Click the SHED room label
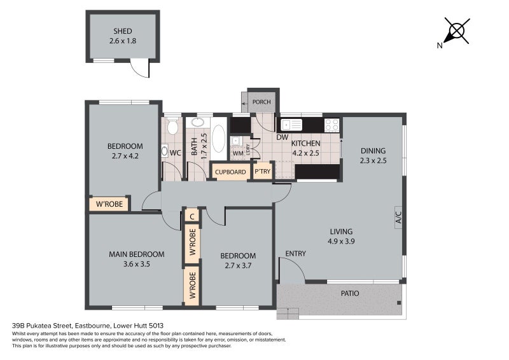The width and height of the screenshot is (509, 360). click(x=122, y=31)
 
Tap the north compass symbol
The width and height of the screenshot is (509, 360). click(x=454, y=32)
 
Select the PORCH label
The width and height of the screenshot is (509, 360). click(x=261, y=102)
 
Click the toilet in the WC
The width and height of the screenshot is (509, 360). click(x=172, y=127)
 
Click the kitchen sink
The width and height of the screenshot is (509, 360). click(x=291, y=125)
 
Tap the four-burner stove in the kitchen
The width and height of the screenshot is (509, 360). click(x=331, y=125)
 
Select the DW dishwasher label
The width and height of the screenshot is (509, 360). click(x=282, y=137)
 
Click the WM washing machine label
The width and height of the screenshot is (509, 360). click(x=238, y=153)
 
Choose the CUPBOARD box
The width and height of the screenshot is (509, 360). click(x=230, y=172)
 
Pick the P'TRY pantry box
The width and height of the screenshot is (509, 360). click(x=263, y=171)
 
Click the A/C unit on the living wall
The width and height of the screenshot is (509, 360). click(x=399, y=217)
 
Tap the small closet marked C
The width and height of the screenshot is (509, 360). click(x=192, y=216)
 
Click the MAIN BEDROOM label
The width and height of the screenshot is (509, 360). click(x=136, y=254)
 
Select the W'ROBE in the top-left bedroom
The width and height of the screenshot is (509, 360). click(x=109, y=204)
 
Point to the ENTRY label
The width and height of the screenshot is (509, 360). click(x=295, y=254)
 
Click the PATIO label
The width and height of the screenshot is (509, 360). click(x=350, y=293)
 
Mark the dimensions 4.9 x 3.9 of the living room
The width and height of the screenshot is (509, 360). click(x=341, y=241)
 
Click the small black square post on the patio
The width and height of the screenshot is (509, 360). click(x=399, y=303)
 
